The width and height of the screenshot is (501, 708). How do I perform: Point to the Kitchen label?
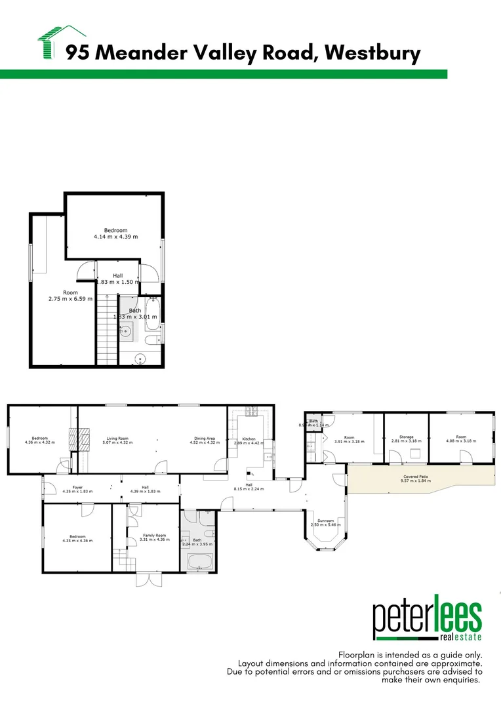pos(249,439)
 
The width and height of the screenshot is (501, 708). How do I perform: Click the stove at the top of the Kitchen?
pos(250,412)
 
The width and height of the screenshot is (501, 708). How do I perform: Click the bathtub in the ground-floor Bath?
pos(200,562)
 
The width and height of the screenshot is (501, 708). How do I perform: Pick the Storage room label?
pos(407,437)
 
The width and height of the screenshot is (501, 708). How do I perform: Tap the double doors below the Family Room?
pos(148,580)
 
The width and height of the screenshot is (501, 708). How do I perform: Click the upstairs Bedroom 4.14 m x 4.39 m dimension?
pos(115,236)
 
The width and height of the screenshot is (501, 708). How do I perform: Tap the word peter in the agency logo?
pos(402,619)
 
